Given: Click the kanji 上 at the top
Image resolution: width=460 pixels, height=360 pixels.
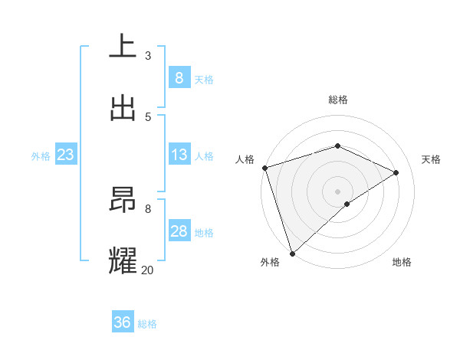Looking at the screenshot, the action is click(122, 47).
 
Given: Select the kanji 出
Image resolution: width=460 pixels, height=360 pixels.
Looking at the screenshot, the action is click(122, 108).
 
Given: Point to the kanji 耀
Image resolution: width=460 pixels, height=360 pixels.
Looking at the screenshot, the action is click(122, 261).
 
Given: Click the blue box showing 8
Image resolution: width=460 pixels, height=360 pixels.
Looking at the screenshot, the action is click(179, 77).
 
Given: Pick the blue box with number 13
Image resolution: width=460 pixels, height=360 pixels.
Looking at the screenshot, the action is click(179, 155).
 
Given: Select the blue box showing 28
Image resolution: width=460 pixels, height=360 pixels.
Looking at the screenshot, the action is click(179, 231).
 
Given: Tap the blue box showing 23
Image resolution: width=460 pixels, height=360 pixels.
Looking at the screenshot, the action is click(65, 155).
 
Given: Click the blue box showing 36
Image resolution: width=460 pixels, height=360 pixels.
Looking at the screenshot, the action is click(122, 322).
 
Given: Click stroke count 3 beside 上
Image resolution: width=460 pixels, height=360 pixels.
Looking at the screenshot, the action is click(147, 55).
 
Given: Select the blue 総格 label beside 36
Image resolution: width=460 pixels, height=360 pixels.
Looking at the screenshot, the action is click(147, 324).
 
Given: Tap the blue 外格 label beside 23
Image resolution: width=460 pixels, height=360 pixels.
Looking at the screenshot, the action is click(41, 155).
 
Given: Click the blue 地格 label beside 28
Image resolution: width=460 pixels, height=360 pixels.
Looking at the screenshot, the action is click(204, 232).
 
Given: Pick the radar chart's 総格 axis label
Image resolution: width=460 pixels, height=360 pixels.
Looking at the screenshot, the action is click(337, 100).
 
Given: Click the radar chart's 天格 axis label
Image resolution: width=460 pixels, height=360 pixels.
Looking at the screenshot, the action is click(431, 159).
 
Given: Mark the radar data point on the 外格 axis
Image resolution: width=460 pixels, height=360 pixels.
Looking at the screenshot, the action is click(292, 253).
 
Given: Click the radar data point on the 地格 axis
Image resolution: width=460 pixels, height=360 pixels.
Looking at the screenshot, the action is click(347, 204).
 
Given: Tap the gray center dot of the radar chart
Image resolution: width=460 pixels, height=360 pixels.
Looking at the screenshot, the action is click(337, 191).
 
